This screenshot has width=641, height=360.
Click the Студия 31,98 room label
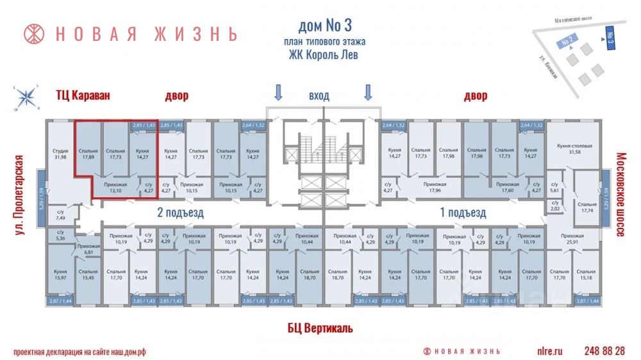pyautogui.click(x=61, y=154)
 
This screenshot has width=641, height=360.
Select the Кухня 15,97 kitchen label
pyautogui.click(x=60, y=276)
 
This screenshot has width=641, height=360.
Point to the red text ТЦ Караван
pyautogui.click(x=82, y=96)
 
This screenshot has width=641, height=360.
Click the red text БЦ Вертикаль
pyautogui.click(x=320, y=329)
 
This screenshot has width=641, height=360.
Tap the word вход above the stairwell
pyautogui.click(x=319, y=96)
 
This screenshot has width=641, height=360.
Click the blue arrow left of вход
pyautogui.click(x=278, y=94)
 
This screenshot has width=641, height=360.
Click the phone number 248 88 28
pyautogui.click(x=604, y=351)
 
